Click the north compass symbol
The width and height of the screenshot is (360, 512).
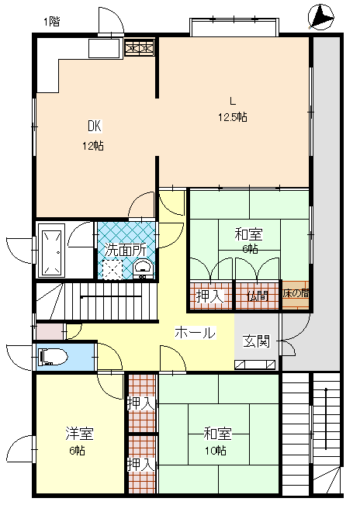(320, 17)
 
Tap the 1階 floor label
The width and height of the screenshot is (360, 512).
(52, 22)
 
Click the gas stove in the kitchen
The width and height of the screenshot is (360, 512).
(140, 48)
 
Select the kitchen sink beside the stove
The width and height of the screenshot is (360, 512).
(105, 48)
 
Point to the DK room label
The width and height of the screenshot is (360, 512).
(95, 126)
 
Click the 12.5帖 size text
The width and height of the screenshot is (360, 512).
(233, 117)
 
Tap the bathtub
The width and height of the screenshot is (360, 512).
(52, 251)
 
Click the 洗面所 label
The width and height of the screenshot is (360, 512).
(126, 250)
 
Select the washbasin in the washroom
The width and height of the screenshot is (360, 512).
(143, 269)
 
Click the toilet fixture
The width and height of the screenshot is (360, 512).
(52, 357)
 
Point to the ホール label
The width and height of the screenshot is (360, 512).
(196, 333)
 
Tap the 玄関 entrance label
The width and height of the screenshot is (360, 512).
(257, 341)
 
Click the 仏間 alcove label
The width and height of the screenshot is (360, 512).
(258, 296)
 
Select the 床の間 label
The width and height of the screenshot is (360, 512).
(296, 293)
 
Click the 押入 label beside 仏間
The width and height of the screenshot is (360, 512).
(210, 296)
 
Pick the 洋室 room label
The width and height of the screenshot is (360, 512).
(79, 433)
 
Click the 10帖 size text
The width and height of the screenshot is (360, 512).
(216, 451)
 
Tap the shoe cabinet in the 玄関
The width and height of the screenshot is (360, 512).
(254, 365)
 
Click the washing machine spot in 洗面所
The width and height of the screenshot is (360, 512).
(112, 269)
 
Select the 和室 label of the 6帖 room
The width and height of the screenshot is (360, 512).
(249, 234)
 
